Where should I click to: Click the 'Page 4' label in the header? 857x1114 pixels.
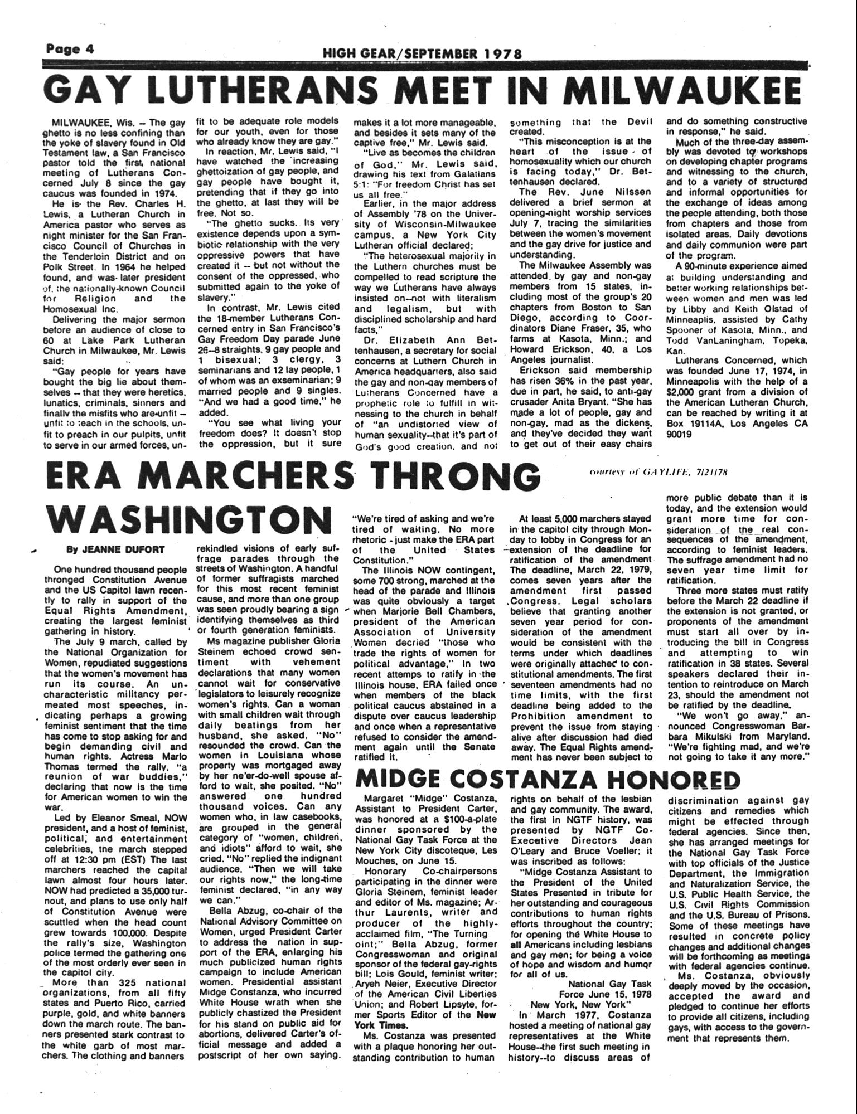(x=70, y=48)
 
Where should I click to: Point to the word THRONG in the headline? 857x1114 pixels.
(x=457, y=476)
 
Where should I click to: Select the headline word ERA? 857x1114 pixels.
(x=90, y=476)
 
